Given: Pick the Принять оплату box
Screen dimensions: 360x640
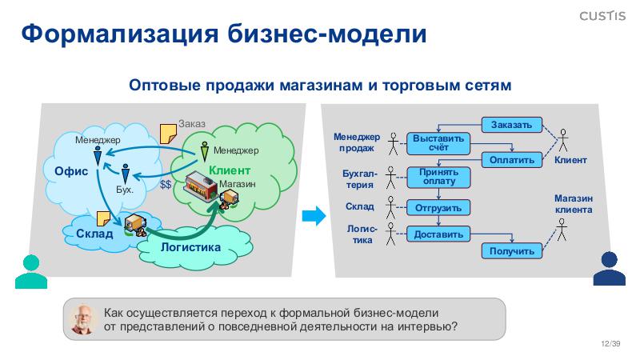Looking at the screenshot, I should click(438, 177).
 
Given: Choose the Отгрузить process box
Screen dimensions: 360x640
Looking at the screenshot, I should click(438, 208).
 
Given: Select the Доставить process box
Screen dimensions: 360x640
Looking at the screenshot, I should click(438, 234).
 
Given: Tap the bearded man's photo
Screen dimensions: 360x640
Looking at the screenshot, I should click(82, 318).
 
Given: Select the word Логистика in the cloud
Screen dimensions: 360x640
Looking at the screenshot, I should click(190, 247).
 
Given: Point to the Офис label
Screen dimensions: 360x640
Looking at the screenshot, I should click(70, 171).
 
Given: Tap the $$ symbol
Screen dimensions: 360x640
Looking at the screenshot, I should click(166, 185).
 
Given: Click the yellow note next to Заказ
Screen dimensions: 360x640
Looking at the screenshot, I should click(168, 132).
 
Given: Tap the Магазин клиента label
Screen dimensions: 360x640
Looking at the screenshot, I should click(574, 204).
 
